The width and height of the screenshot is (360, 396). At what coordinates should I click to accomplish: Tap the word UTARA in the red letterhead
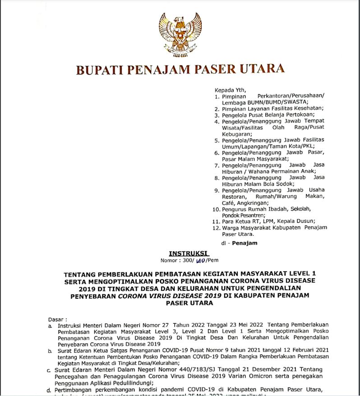tap(263, 69)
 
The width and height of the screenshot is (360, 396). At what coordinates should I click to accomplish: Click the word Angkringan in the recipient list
tap(254, 203)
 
